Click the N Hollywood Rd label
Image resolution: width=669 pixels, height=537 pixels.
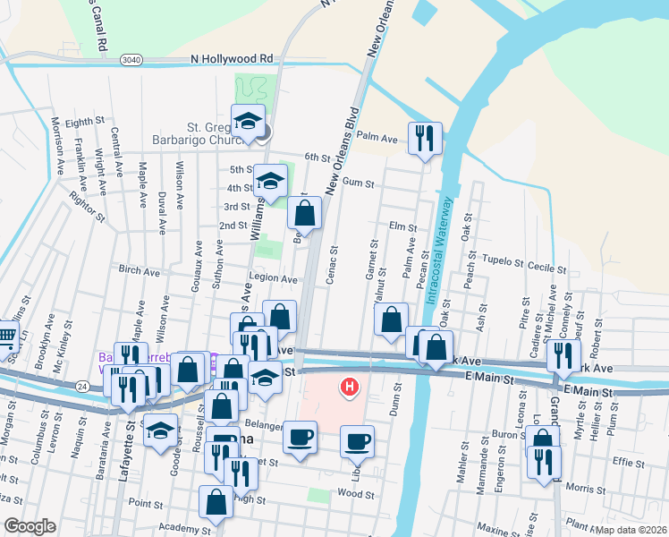[x=232, y=59]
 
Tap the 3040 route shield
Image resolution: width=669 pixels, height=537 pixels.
[x=131, y=59]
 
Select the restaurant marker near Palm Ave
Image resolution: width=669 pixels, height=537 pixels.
[x=424, y=137]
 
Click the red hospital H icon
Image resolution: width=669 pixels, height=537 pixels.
[x=349, y=388]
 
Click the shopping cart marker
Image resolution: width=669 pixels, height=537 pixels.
[x=6, y=337]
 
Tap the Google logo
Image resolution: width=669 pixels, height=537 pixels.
[x=30, y=526]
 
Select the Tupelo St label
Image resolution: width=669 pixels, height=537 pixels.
[x=502, y=261]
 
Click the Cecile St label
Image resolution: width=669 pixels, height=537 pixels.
[x=546, y=268]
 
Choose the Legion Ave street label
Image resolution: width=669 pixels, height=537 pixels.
[x=274, y=279]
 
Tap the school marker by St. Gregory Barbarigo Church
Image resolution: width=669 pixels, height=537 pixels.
[x=248, y=119]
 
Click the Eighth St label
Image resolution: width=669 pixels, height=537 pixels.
[x=85, y=122]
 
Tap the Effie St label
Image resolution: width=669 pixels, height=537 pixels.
[x=629, y=464]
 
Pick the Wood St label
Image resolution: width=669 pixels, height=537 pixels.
[x=355, y=493]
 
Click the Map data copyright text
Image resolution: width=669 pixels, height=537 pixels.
[x=631, y=529]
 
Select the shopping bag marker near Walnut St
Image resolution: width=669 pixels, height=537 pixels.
[x=391, y=320]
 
